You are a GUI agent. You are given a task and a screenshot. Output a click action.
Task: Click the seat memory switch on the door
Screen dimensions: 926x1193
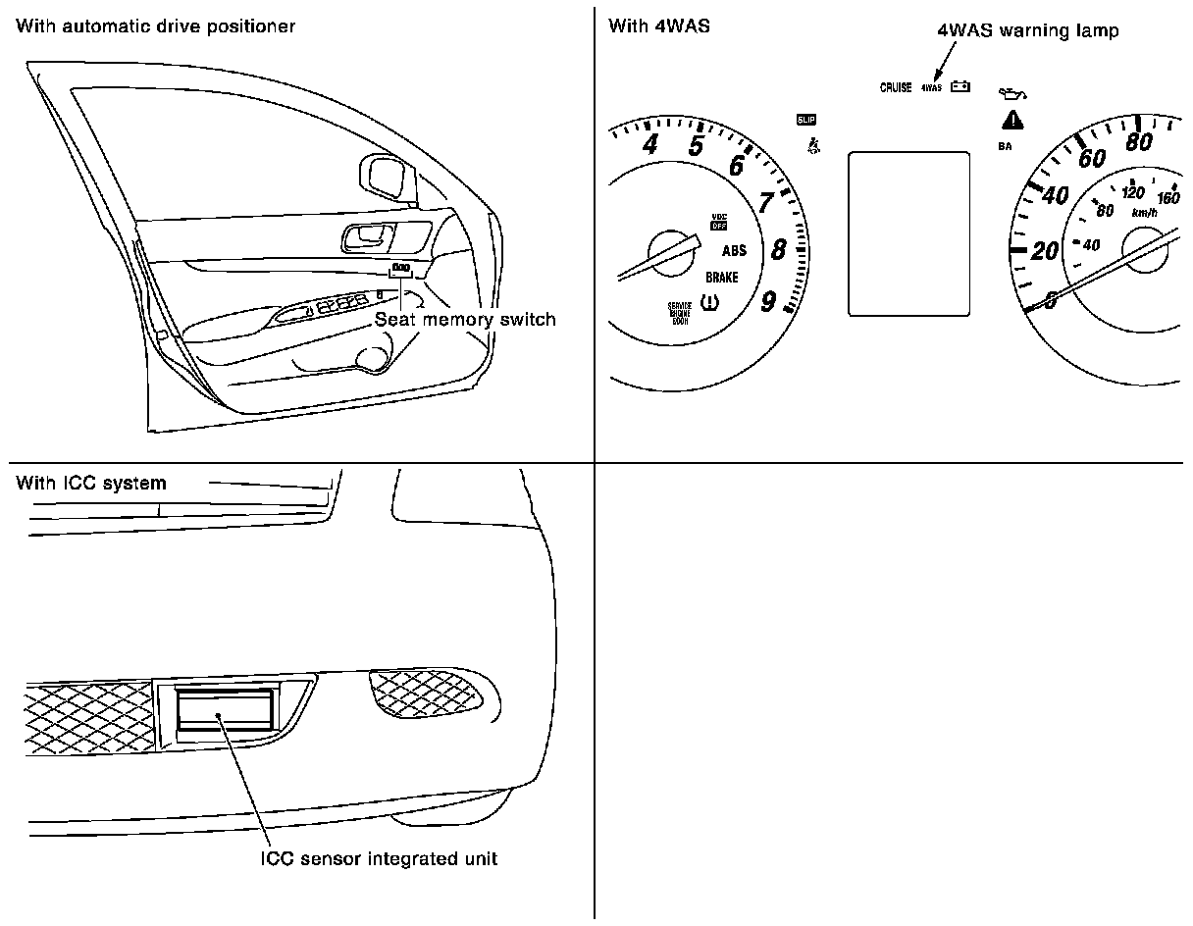point(400,270)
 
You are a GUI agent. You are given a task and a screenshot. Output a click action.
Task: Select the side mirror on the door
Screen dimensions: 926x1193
point(386,175)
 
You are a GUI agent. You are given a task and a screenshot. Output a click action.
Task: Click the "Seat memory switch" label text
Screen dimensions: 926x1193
point(465,319)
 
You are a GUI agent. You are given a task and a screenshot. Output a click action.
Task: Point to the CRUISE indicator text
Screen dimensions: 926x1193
point(896,87)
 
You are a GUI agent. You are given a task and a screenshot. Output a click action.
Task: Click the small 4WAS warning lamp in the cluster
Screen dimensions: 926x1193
point(930,87)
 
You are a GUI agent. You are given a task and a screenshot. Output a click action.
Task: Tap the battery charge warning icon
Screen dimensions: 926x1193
point(960,86)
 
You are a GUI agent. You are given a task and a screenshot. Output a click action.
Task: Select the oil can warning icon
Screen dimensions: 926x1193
point(1011,93)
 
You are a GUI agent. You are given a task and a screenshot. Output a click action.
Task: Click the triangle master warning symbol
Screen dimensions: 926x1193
point(1011,121)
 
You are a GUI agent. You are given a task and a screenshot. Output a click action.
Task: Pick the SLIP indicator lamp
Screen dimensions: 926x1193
point(806,120)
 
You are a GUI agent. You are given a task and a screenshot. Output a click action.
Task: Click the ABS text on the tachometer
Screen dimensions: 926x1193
point(734,251)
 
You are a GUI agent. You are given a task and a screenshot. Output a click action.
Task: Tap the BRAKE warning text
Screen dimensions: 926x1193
point(722,278)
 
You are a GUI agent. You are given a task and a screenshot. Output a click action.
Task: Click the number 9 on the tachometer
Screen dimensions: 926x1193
point(770,300)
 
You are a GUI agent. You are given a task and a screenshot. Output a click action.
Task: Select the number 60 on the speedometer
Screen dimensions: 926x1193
point(1091,159)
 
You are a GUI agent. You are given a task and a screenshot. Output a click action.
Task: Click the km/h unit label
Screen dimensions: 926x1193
point(1143,212)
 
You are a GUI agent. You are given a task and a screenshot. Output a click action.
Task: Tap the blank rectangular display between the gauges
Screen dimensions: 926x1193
point(908,233)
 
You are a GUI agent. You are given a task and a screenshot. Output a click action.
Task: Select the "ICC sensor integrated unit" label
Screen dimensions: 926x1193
point(379,859)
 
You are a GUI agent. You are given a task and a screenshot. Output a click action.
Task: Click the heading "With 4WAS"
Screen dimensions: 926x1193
point(659,26)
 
